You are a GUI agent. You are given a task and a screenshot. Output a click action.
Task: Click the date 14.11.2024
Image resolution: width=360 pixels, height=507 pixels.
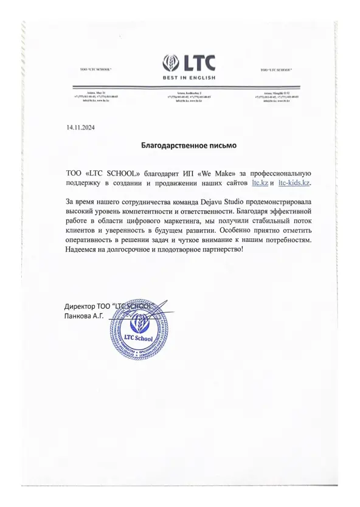tap(80, 127)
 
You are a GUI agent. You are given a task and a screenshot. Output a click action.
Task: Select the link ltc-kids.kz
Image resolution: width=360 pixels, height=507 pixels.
tap(294, 182)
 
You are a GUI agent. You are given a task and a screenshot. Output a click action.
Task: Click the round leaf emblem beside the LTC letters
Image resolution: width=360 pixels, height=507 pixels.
tap(171, 63)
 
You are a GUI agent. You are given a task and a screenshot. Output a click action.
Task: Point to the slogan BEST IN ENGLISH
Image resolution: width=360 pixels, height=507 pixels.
tap(189, 78)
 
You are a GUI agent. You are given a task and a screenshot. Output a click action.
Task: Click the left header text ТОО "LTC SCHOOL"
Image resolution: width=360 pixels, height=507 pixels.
tap(96, 71)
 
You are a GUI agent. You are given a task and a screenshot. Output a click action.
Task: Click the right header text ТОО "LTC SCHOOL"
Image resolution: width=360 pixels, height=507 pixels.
tap(276, 71)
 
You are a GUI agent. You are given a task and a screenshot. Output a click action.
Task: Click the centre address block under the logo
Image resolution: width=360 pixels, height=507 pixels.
tap(188, 97)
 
